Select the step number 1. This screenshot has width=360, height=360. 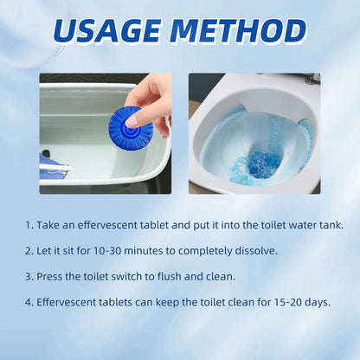(x=29, y=225)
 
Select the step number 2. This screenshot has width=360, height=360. (x=29, y=251)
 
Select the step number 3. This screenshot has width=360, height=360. (x=29, y=277)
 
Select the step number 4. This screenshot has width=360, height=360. (x=29, y=303)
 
